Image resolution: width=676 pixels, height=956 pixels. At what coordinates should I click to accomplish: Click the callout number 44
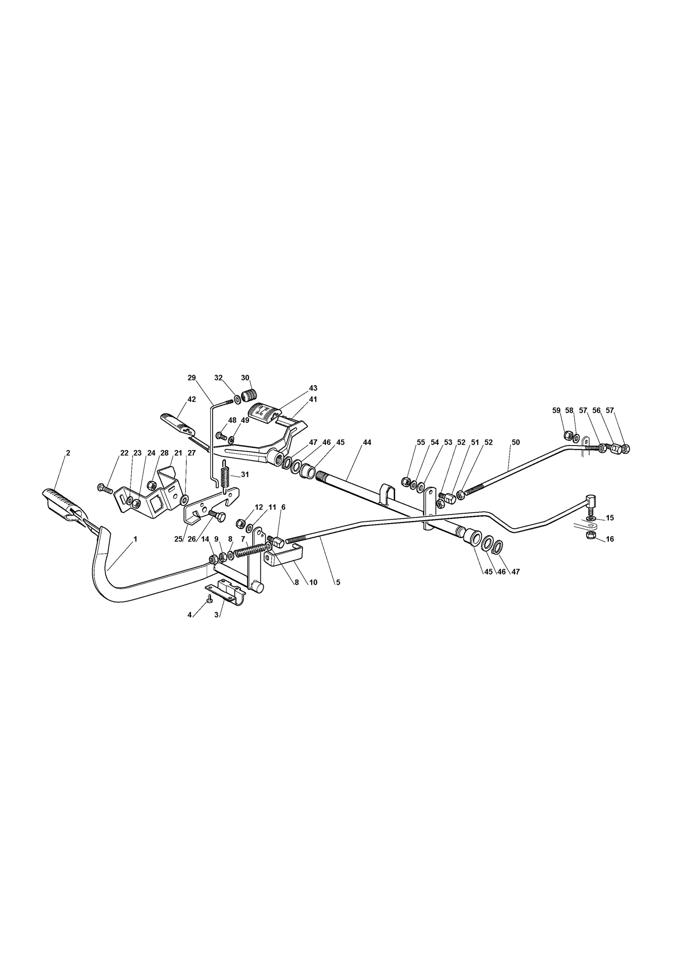pyautogui.click(x=367, y=442)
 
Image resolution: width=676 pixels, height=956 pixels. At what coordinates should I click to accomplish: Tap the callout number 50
pyautogui.click(x=516, y=442)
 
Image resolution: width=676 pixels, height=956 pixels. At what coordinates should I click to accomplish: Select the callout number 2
pyautogui.click(x=68, y=453)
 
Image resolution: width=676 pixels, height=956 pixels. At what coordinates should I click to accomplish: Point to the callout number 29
pyautogui.click(x=191, y=378)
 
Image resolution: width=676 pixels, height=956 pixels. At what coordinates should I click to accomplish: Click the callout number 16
pyautogui.click(x=610, y=539)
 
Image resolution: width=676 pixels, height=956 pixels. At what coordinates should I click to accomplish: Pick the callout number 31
pyautogui.click(x=245, y=475)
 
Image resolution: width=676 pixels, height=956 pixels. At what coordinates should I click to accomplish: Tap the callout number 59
pyautogui.click(x=557, y=411)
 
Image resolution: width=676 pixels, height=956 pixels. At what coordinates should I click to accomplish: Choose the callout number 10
pyautogui.click(x=313, y=582)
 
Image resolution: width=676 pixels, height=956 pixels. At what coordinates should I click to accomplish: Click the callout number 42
pyautogui.click(x=192, y=399)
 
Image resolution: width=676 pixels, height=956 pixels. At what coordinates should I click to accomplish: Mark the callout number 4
pyautogui.click(x=189, y=615)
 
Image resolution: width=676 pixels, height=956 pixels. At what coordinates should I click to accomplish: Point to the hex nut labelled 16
pyautogui.click(x=591, y=536)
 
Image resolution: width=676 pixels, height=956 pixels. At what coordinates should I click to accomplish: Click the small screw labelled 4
pyautogui.click(x=209, y=599)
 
